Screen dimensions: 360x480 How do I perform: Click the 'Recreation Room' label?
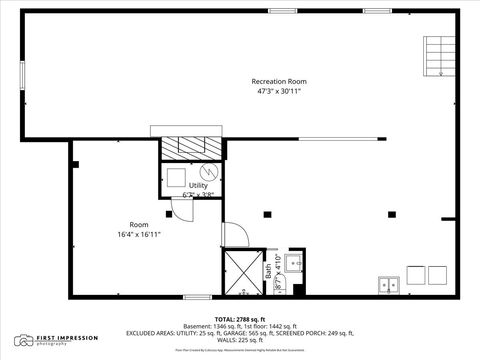pos(278,81)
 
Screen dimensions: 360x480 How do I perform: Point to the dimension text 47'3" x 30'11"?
pos(278,91)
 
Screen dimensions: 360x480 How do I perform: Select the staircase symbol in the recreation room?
pos(436,57)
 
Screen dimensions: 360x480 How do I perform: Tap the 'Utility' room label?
pos(198,185)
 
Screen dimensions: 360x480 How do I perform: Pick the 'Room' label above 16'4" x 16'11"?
pos(139,224)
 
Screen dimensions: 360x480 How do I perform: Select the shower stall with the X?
pos(242,271)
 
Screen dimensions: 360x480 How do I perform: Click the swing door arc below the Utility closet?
pos(182,208)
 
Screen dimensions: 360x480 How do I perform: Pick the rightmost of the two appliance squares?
pos(439,274)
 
